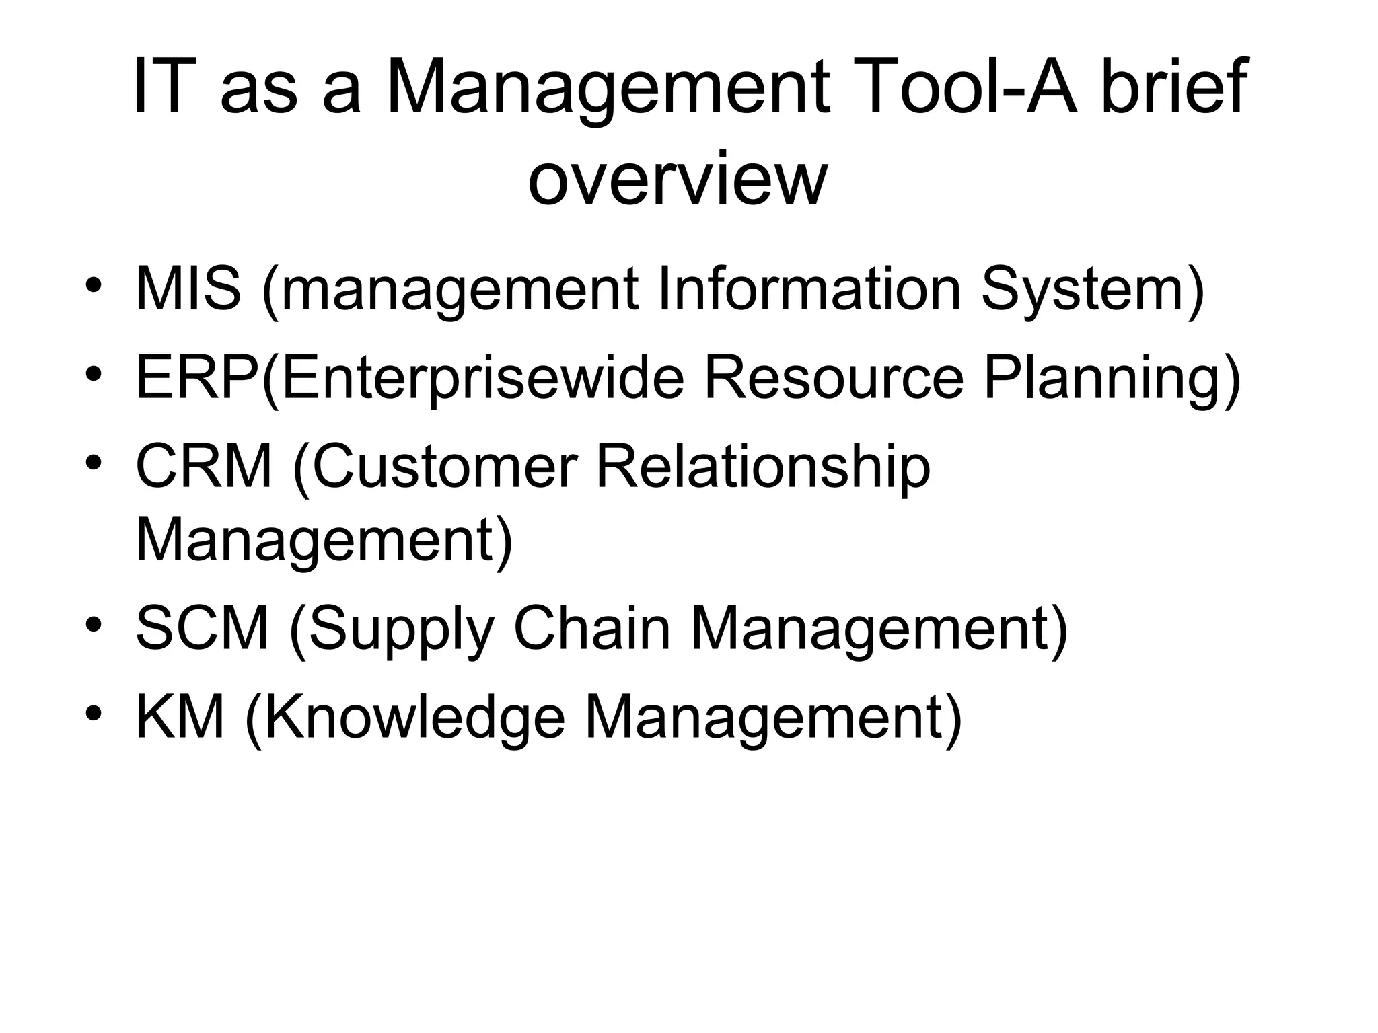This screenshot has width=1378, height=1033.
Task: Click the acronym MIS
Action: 188,289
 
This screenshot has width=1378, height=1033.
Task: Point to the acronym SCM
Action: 202,627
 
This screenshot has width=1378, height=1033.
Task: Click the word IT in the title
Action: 160,87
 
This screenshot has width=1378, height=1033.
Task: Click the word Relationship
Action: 763,467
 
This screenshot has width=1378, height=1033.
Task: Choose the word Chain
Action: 592,627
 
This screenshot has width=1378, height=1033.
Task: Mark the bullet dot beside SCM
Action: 94,624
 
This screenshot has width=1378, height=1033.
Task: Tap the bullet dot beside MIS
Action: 94,285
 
